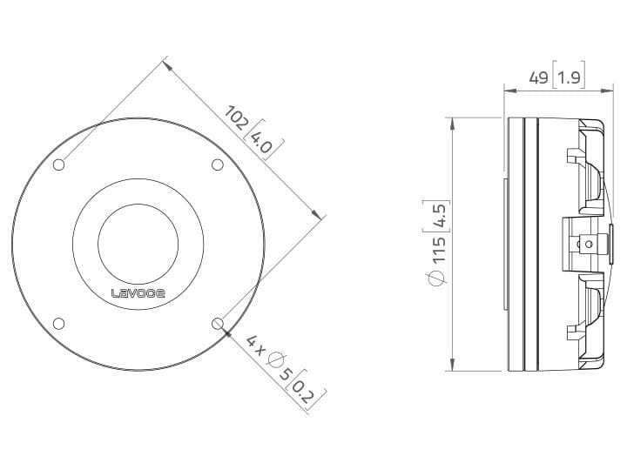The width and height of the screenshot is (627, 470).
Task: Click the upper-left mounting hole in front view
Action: (x=59, y=164)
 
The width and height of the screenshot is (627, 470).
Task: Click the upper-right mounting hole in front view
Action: (x=217, y=164)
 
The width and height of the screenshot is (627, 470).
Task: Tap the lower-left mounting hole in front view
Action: (x=59, y=323)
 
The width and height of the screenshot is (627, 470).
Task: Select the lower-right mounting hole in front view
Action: (x=217, y=323)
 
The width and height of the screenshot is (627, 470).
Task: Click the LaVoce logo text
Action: (x=138, y=293)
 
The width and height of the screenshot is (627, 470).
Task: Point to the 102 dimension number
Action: (x=235, y=117)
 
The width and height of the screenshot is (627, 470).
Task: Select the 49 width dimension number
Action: (x=538, y=77)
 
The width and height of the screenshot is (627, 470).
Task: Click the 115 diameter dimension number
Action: (x=438, y=250)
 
